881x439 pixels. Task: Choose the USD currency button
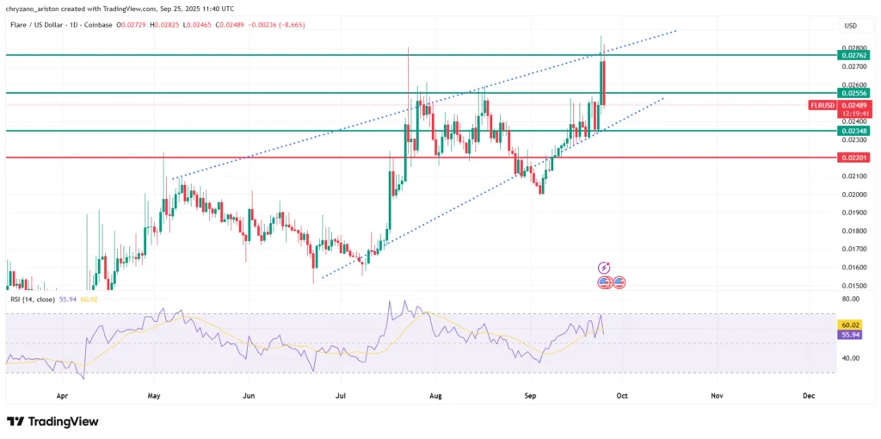850,26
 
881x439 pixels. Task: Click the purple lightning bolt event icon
604,268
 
